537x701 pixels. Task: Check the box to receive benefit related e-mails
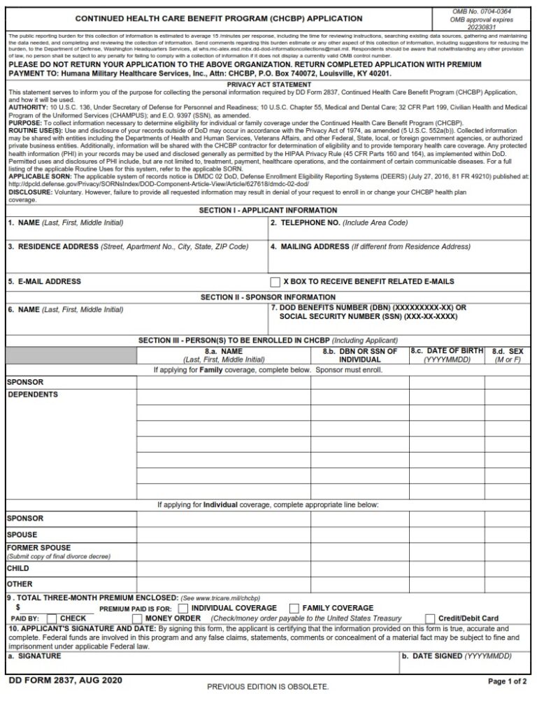click(x=275, y=282)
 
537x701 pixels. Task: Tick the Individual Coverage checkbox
click(x=183, y=608)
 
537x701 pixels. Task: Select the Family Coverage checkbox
click(x=294, y=608)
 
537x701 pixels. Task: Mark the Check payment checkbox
click(x=51, y=619)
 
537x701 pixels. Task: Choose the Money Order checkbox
click(x=138, y=619)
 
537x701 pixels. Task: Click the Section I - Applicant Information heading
click(x=268, y=211)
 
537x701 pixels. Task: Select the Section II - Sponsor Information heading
click(x=268, y=297)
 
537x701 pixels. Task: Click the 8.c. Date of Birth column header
click(x=447, y=355)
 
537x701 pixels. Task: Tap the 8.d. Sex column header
click(x=507, y=355)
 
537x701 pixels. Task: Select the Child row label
click(x=18, y=569)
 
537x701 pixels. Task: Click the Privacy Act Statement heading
click(x=268, y=85)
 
